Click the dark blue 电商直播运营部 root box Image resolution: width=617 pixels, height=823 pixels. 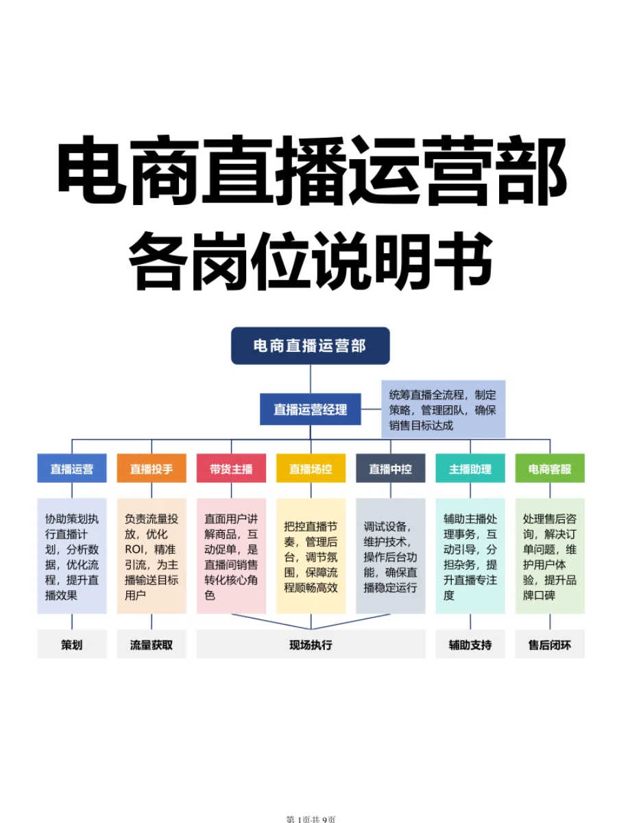[310, 346]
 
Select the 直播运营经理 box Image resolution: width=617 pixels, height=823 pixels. [311, 409]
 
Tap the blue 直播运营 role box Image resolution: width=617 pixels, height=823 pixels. [72, 469]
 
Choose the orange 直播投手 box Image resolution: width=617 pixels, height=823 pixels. [152, 469]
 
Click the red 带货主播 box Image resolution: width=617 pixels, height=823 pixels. [231, 469]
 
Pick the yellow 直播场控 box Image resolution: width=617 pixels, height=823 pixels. [311, 469]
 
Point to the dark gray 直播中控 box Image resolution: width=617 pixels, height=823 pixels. [390, 469]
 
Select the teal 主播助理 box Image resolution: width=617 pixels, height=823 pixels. [470, 469]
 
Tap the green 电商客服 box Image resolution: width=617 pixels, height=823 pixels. [550, 469]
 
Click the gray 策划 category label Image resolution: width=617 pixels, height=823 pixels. [72, 645]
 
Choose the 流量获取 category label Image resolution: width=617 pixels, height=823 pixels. [152, 645]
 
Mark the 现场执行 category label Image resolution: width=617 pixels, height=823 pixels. [311, 645]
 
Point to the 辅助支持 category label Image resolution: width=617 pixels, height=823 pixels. [470, 645]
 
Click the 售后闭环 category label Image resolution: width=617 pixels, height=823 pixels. [550, 645]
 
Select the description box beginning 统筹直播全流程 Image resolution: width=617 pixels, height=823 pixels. [443, 409]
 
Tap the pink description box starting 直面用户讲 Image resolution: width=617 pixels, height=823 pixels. [231, 556]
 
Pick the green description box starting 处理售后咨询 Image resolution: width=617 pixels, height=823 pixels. [550, 556]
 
